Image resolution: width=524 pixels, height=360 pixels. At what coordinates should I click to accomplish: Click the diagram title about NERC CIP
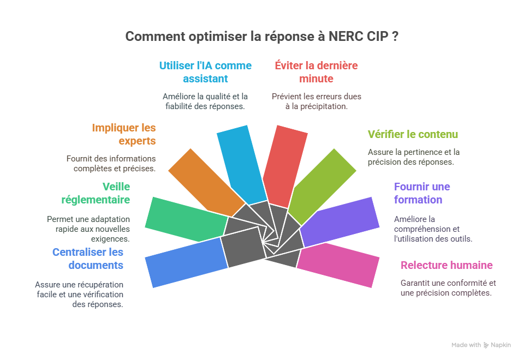point(261,37)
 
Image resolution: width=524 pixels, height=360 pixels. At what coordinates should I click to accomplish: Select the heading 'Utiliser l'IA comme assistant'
point(205,72)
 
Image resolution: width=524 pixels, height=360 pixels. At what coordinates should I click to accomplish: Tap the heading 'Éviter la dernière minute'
point(316,72)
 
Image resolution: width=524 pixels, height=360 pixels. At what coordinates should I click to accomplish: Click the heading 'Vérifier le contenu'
point(413,134)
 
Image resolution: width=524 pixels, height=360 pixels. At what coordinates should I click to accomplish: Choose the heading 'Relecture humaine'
point(446,266)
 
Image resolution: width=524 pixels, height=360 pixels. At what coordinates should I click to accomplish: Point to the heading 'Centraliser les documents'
point(88,259)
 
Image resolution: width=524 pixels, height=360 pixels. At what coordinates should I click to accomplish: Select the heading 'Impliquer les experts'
point(124,134)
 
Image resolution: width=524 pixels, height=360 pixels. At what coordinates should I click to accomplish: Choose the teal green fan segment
point(185,219)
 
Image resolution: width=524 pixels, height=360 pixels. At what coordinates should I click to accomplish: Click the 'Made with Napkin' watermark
point(481,345)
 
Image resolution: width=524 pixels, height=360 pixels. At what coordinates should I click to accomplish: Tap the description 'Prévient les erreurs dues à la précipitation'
point(316,101)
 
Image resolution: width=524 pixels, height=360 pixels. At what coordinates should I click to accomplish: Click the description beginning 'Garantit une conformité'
point(448,287)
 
